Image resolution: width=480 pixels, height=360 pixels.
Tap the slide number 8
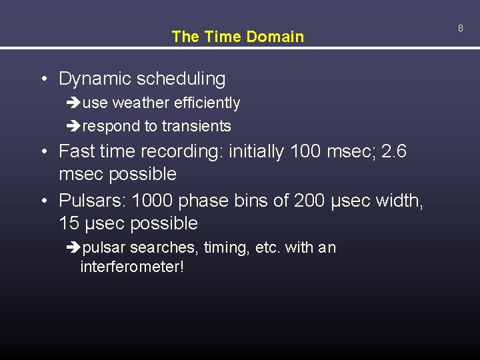point(460,28)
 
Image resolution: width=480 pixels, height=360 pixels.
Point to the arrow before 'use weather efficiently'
point(73,103)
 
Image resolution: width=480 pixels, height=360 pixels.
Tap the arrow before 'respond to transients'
point(73,126)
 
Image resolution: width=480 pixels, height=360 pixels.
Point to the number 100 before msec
point(305,151)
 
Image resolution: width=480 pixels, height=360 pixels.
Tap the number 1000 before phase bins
point(153,200)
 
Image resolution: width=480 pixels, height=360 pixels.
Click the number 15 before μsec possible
point(69,223)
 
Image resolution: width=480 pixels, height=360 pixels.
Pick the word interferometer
point(131,267)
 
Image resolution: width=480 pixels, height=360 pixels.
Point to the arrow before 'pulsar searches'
point(73,248)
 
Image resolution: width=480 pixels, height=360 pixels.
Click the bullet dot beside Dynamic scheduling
point(43,79)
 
